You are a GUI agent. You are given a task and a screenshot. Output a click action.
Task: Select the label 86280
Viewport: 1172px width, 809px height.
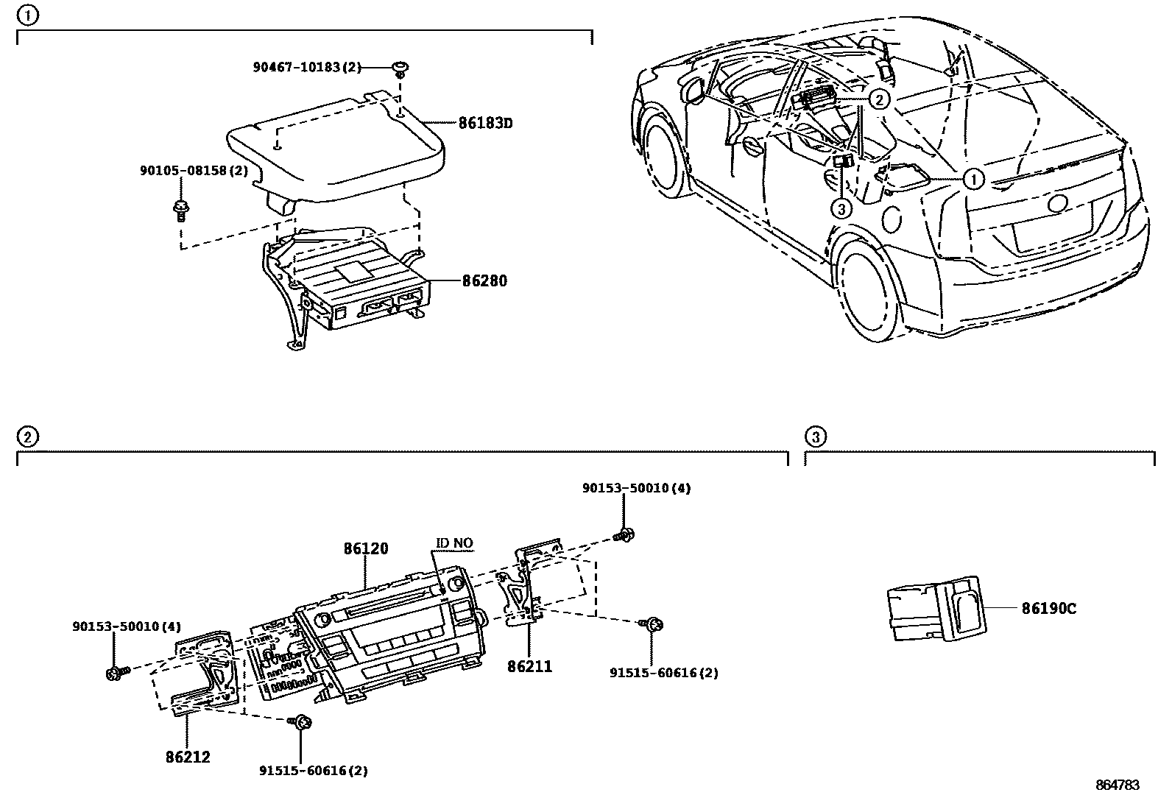click(x=484, y=280)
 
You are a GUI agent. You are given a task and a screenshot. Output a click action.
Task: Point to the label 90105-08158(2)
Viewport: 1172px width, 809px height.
click(x=194, y=171)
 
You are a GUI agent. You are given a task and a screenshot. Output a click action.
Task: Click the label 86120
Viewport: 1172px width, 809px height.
click(x=365, y=548)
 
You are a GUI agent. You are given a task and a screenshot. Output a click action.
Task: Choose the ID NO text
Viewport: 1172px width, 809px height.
click(x=454, y=544)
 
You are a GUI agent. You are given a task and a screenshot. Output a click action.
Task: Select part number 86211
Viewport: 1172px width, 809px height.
click(x=529, y=666)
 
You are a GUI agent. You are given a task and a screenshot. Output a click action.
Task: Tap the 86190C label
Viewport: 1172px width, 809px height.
click(x=1048, y=609)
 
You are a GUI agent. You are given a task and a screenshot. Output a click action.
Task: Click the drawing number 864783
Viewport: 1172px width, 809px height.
click(x=1117, y=785)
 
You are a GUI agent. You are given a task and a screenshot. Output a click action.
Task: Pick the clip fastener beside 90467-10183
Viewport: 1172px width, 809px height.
click(x=400, y=69)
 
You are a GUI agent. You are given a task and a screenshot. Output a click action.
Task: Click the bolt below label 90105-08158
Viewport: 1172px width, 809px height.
click(x=180, y=211)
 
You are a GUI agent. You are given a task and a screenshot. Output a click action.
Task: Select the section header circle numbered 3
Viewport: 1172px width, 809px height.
click(x=814, y=437)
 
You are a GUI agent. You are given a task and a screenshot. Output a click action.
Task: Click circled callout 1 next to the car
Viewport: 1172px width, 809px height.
click(x=973, y=179)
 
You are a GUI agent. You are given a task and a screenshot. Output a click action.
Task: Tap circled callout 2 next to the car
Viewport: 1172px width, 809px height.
click(x=879, y=99)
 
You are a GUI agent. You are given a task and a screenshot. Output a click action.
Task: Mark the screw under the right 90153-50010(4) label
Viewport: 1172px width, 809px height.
click(x=625, y=535)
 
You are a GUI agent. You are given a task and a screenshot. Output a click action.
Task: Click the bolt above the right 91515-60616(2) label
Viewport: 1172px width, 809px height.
click(x=652, y=625)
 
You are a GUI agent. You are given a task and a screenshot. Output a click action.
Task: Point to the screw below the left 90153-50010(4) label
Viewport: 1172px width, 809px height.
click(x=116, y=672)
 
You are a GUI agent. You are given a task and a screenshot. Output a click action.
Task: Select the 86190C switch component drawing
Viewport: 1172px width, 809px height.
click(x=936, y=608)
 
